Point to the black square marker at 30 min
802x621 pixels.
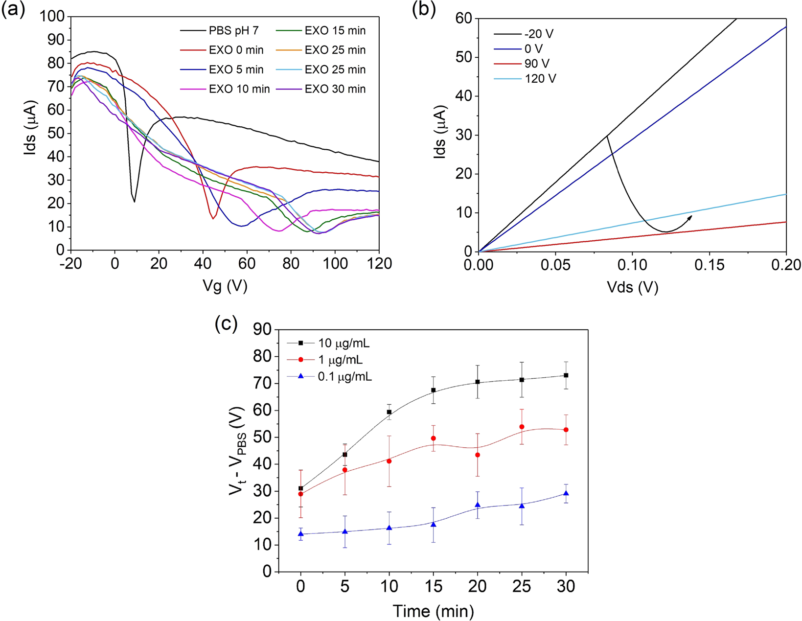[566, 375]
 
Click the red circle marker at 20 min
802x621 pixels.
[478, 455]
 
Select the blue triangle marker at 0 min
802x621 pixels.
[300, 534]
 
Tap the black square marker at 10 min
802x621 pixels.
[390, 412]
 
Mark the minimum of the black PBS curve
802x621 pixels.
[135, 201]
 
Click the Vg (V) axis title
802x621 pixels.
[225, 285]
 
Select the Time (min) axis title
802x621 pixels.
[433, 611]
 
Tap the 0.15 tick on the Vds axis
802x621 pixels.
[710, 265]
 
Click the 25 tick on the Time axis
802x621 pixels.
[522, 586]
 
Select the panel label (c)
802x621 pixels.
[226, 323]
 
